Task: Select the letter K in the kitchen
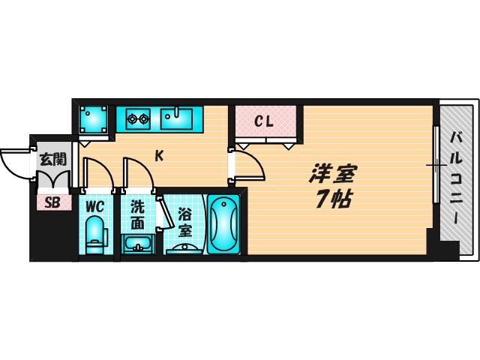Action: tap(159, 156)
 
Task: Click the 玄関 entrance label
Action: tap(52, 159)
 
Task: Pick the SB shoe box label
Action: tap(52, 201)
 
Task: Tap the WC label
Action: tap(94, 205)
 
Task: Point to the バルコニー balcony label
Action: tap(455, 178)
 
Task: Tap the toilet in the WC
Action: tap(94, 233)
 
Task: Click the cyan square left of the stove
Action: tap(94, 118)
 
